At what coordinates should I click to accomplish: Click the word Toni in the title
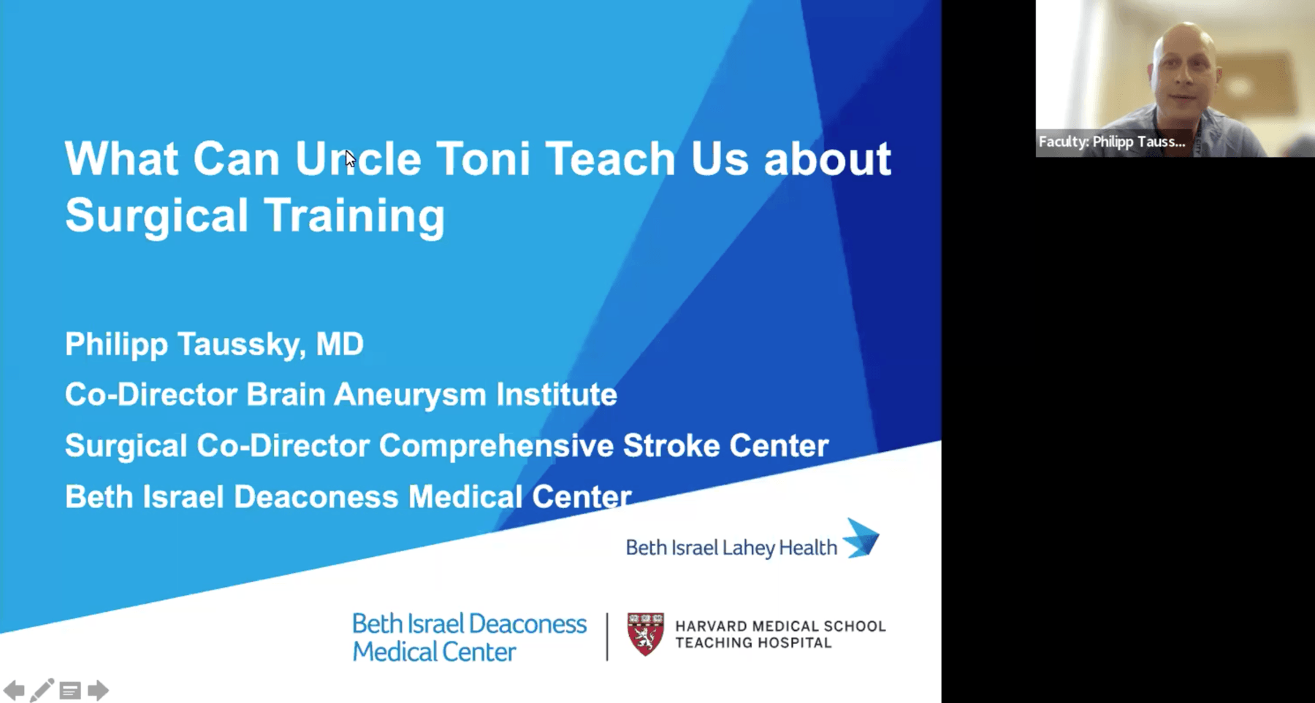pos(482,158)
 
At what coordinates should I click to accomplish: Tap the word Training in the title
pos(354,215)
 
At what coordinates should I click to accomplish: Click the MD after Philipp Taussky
pos(340,344)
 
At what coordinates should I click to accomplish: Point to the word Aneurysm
pos(410,395)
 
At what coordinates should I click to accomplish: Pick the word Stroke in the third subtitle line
pos(671,446)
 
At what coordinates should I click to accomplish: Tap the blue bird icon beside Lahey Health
pos(862,538)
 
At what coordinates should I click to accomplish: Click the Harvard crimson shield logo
pos(645,634)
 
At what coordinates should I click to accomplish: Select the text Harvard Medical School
pos(780,626)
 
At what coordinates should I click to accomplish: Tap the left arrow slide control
pos(14,690)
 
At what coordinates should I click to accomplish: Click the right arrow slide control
pos(98,690)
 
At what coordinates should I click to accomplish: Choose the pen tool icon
pos(42,690)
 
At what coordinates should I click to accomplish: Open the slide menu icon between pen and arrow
pos(70,690)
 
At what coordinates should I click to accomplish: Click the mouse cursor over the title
pos(350,158)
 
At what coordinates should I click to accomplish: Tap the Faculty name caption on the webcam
pos(1112,142)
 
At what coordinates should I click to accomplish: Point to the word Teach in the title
pos(610,158)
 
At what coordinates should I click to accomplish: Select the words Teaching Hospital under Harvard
pos(753,643)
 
